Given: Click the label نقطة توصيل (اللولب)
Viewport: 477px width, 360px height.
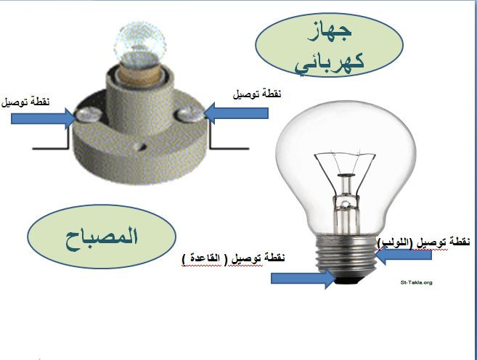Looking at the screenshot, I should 424,241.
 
